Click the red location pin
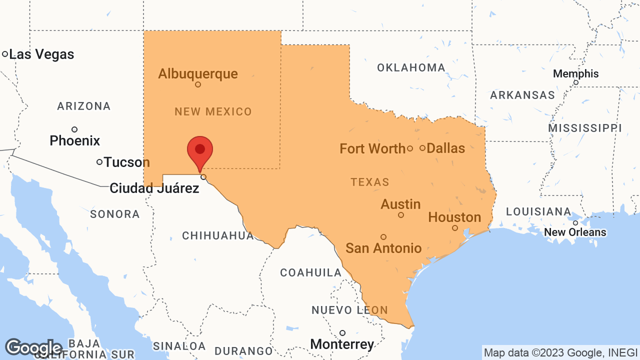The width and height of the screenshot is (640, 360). [x=200, y=150]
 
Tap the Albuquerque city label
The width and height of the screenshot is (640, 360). [x=198, y=74]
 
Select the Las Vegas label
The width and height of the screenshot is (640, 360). [x=41, y=54]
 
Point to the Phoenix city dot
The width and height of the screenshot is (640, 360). [x=74, y=129]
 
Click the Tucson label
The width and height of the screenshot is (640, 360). [x=126, y=162]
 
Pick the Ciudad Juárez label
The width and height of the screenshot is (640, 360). [x=154, y=188]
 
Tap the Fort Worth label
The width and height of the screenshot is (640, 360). [x=372, y=148]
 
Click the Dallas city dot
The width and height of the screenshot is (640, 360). [x=422, y=148]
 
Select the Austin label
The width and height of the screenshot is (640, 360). [x=400, y=204]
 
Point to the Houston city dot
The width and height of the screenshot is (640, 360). [x=455, y=228]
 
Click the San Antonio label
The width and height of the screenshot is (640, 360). [x=383, y=248]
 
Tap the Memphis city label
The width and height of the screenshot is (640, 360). [x=575, y=74]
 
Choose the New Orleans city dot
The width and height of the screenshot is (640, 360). [x=575, y=223]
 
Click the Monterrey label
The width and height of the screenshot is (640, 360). [x=342, y=344]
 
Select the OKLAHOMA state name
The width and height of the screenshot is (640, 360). [x=411, y=68]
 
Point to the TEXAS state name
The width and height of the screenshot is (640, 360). [x=370, y=182]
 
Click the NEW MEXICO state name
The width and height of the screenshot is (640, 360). [x=213, y=111]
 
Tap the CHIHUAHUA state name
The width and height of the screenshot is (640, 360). [x=218, y=235]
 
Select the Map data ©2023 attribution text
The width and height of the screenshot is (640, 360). [x=559, y=353]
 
